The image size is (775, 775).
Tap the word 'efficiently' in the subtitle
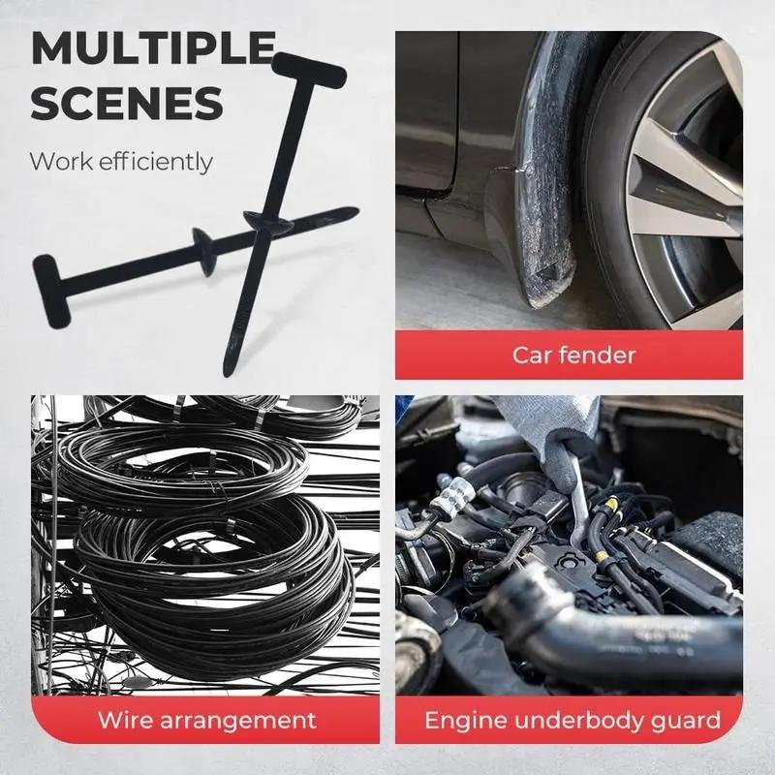158,161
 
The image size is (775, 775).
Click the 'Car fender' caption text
574,355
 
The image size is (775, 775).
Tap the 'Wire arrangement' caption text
206,720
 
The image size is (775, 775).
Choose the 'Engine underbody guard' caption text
572,720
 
